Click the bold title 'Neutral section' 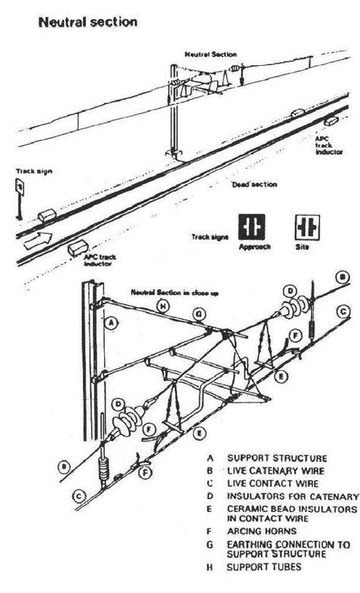87,22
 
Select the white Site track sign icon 307,226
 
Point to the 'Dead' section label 254,185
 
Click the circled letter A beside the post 112,322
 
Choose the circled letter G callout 199,312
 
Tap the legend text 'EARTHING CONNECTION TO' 288,544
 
